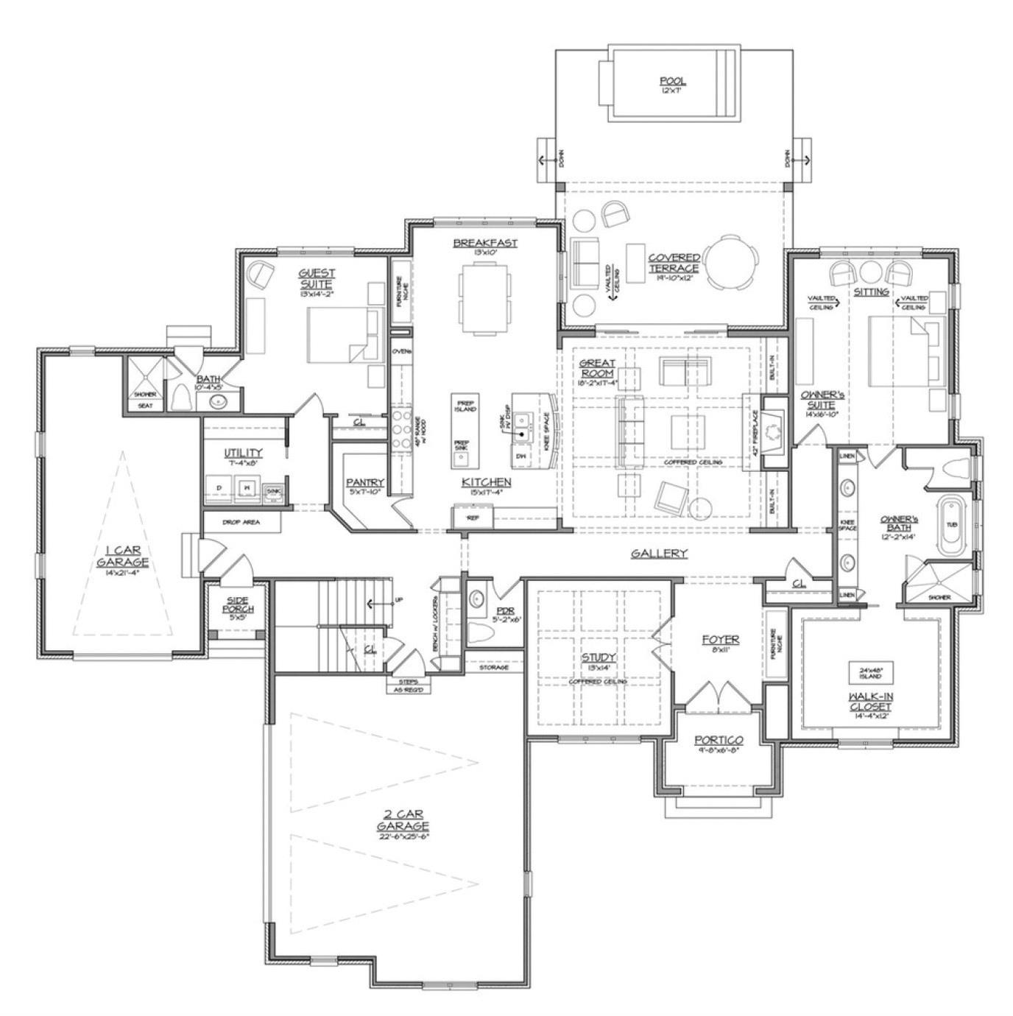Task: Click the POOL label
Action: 672,81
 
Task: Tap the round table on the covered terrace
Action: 730,262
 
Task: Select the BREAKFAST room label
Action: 485,243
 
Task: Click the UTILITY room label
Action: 243,453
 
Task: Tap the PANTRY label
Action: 366,483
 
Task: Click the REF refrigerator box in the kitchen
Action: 473,518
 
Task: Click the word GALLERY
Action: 659,554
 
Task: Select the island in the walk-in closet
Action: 871,673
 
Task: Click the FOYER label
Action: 720,640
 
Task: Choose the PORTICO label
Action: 719,740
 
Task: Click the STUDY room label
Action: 598,657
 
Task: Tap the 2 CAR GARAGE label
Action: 402,819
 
